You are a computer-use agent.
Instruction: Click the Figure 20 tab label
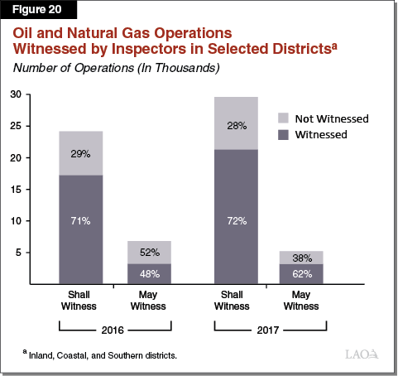[x=36, y=12]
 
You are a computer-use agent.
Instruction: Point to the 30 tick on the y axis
[x=15, y=94]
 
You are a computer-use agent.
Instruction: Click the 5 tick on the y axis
[x=17, y=253]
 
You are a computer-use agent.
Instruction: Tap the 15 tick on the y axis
[x=15, y=190]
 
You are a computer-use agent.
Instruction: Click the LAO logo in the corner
[x=362, y=354]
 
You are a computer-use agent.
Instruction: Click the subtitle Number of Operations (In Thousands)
[x=115, y=67]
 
